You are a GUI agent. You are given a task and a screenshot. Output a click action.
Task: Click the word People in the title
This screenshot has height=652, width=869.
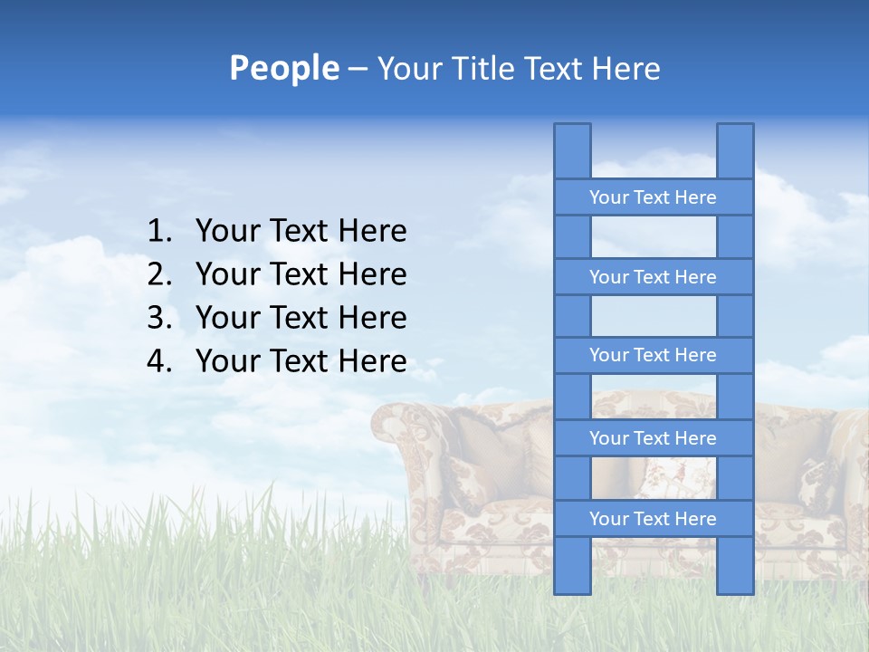(284, 68)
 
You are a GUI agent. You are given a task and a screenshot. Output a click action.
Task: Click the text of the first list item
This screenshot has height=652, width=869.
(301, 232)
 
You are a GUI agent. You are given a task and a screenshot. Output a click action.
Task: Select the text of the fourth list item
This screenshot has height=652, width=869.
(301, 362)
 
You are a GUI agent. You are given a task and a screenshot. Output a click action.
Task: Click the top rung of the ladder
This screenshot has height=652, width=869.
(653, 197)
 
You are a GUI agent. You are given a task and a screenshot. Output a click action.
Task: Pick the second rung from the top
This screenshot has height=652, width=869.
(653, 277)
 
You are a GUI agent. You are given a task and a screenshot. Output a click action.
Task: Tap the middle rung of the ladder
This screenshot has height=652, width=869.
(653, 355)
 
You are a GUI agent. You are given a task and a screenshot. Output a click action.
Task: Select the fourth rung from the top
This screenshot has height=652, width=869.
(653, 438)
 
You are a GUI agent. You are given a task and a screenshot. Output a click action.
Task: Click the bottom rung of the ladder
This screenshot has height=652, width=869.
(653, 519)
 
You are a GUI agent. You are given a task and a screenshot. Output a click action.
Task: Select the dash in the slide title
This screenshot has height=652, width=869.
(357, 70)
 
